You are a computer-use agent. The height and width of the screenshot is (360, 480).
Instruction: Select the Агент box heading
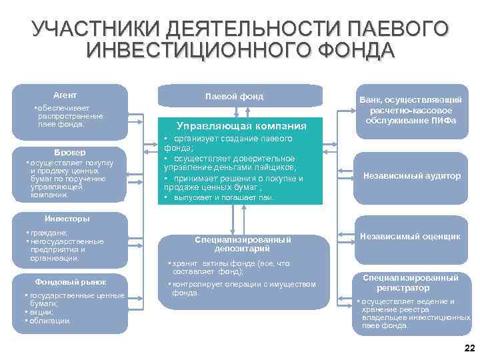(x=65, y=95)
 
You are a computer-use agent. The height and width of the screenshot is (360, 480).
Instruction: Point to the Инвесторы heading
(x=67, y=219)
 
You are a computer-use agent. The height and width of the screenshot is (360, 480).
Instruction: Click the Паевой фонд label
(x=234, y=97)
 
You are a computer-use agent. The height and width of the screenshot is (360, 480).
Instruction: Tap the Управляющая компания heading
(x=241, y=126)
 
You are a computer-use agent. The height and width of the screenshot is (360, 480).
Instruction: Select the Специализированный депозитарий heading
(x=243, y=243)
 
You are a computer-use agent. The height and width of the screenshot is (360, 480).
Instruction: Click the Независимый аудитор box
(x=411, y=176)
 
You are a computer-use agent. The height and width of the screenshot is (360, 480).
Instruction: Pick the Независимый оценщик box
(x=411, y=236)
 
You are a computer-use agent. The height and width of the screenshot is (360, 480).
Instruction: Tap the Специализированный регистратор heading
(x=411, y=283)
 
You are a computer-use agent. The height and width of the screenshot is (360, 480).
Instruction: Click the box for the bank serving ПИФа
(x=411, y=110)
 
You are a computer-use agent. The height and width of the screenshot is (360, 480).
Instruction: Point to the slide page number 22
(x=468, y=348)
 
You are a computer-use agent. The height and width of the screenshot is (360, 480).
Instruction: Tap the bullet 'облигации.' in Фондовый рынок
(x=48, y=321)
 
